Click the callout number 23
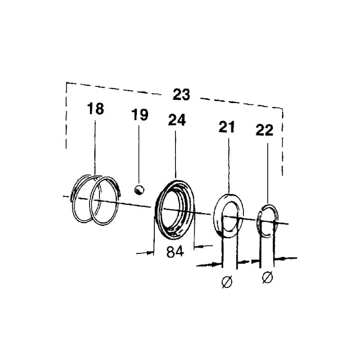[x=181, y=94]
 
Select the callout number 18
[x=95, y=108]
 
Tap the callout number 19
[x=139, y=115]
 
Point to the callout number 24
[x=176, y=120]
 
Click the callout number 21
[x=227, y=127]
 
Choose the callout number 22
[x=264, y=130]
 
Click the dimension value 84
[x=175, y=252]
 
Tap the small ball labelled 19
[x=139, y=189]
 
